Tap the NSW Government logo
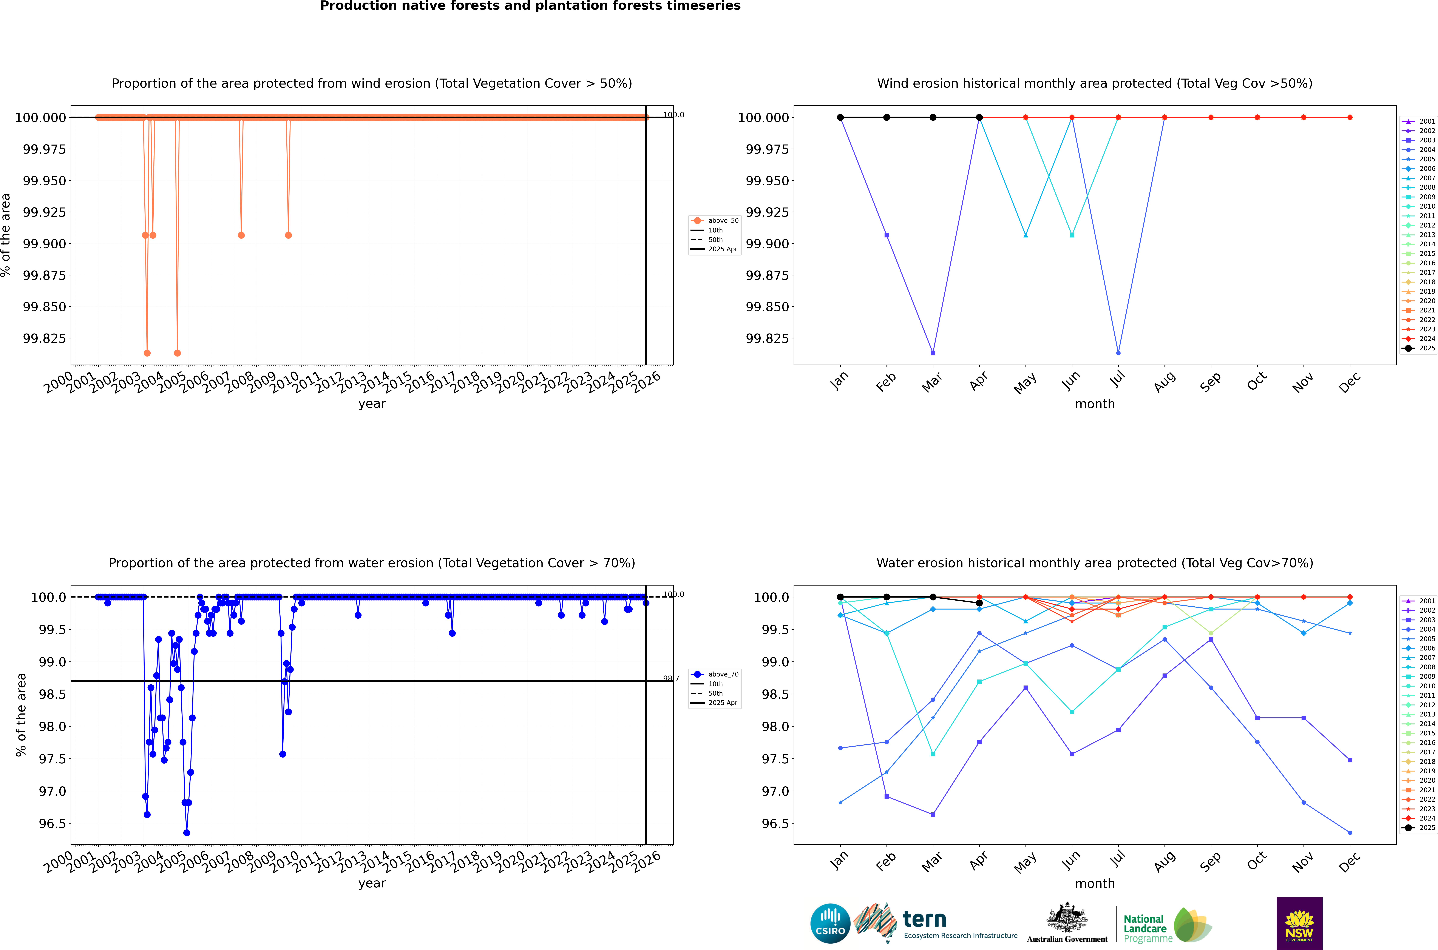coord(1299,923)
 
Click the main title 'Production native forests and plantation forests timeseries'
coord(530,6)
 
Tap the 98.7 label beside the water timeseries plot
coord(671,679)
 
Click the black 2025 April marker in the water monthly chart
coord(979,603)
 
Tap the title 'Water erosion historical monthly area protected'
coord(1094,563)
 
